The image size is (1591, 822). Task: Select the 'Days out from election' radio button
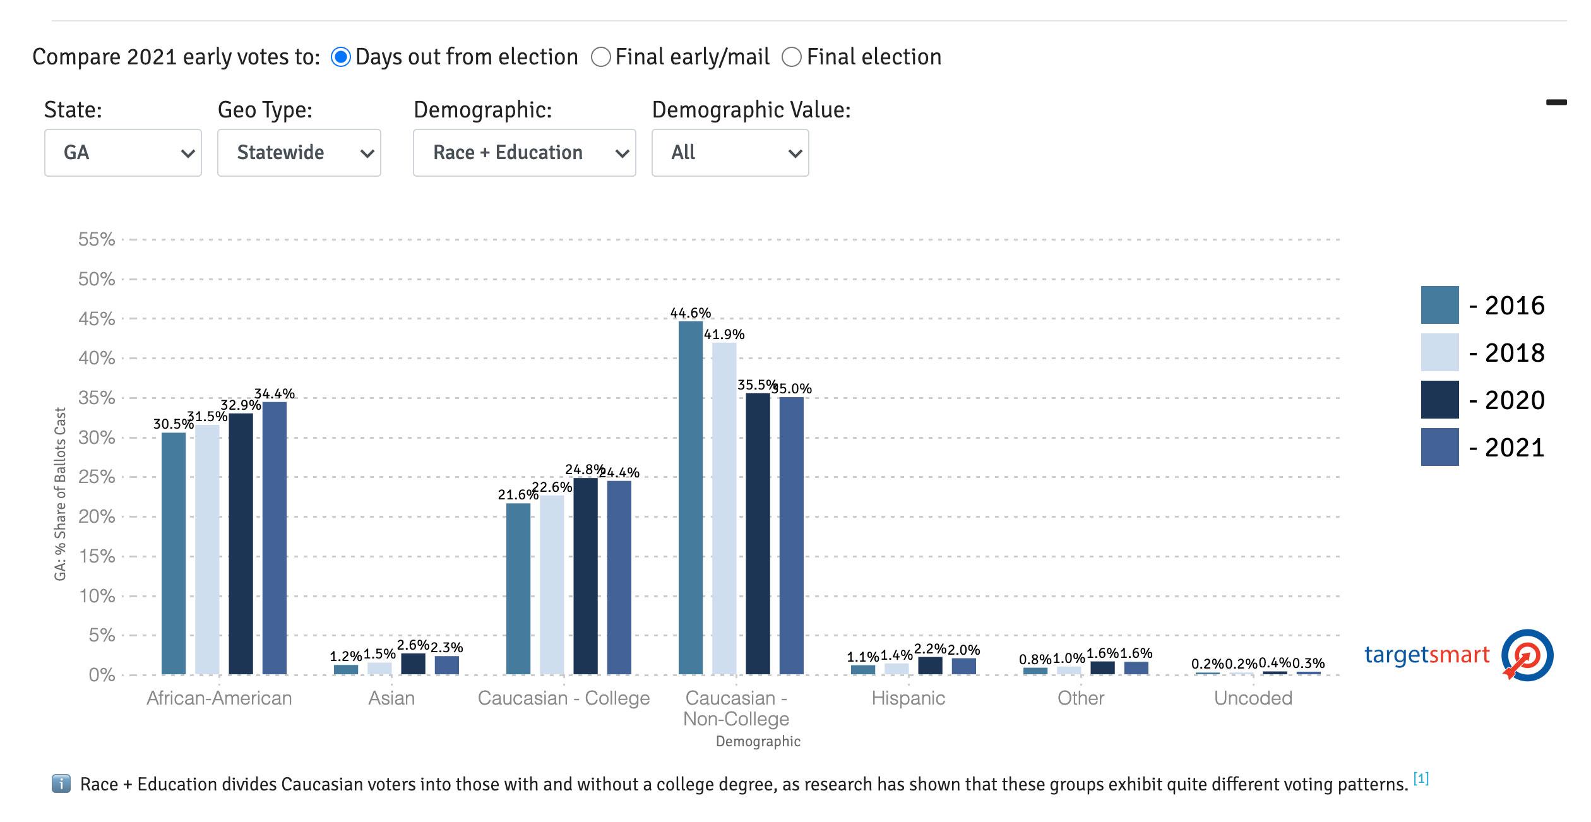(x=341, y=57)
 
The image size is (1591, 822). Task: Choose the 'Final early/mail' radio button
(x=601, y=57)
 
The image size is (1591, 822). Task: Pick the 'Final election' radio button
(x=792, y=57)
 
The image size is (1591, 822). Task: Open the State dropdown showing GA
(x=123, y=153)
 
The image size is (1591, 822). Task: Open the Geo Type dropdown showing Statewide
(x=299, y=153)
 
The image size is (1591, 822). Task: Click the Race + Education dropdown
(x=524, y=153)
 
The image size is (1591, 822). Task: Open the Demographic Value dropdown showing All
(x=730, y=153)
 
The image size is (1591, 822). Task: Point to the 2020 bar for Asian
(x=413, y=664)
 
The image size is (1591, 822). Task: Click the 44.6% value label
(x=690, y=313)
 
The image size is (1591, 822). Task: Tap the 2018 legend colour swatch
(x=1439, y=352)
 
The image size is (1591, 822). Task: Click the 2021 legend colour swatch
(x=1439, y=447)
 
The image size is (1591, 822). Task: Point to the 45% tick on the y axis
(x=97, y=319)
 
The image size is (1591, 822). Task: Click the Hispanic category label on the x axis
(x=908, y=698)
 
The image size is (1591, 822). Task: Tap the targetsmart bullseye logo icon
(x=1527, y=655)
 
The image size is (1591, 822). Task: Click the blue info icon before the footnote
(x=61, y=784)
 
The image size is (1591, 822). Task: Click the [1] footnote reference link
(x=1421, y=778)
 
